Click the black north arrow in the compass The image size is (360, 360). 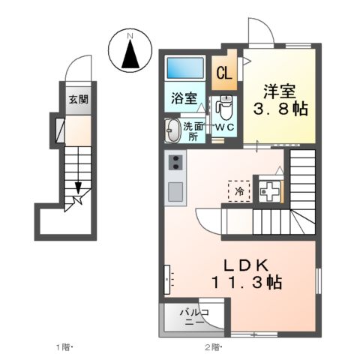(130, 55)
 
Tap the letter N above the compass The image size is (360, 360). (130, 34)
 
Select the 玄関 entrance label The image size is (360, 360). (78, 99)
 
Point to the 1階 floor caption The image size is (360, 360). (64, 347)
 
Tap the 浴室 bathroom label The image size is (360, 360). (183, 97)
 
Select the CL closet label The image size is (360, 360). (223, 73)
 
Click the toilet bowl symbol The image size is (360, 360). (224, 109)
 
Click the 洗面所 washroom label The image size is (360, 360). (193, 131)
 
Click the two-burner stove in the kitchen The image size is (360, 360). (175, 163)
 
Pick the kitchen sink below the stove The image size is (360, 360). (175, 192)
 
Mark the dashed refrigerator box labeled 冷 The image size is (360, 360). (238, 190)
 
